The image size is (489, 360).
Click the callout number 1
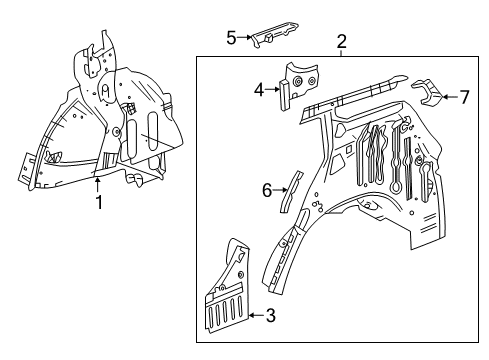coord(98,203)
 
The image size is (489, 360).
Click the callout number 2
coord(341,42)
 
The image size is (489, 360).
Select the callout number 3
coord(270,316)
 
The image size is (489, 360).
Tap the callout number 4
coord(258,90)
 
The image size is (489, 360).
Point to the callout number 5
coord(231,38)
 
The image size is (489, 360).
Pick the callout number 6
coord(266,188)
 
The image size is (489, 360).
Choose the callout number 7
coord(464,97)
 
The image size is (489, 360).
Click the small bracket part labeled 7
coord(428,93)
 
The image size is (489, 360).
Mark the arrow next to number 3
coord(254,316)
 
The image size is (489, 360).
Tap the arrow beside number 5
coord(245,38)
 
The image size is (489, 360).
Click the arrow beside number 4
coord(272,90)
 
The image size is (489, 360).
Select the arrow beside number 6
coord(279,188)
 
